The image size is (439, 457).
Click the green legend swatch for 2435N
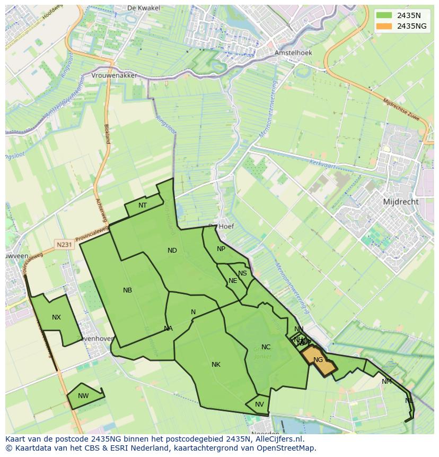385,15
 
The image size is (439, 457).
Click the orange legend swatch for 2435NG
385,25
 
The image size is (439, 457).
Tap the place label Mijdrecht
400,202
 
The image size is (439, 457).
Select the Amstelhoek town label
293,53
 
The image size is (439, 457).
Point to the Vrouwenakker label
114,75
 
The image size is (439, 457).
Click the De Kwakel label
140,8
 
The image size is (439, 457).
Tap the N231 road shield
64,244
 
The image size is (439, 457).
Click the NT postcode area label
143,205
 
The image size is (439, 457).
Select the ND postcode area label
172,251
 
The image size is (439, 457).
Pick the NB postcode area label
127,290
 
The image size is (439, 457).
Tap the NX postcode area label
56,317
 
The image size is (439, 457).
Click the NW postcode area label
83,396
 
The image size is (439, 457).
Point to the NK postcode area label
216,365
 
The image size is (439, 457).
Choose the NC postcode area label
266,347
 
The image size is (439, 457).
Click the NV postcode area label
259,404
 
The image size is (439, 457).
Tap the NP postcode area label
221,249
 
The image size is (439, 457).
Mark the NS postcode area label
242,273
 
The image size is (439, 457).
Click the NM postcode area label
387,382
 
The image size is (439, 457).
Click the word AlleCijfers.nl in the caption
285,439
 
